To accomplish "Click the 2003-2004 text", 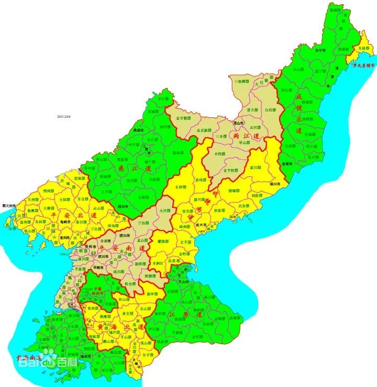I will (64, 116).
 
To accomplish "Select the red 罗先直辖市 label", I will (364, 66).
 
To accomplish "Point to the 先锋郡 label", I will (361, 48).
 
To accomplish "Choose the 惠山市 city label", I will (238, 123).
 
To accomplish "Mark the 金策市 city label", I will (286, 164).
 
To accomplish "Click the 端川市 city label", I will (275, 184).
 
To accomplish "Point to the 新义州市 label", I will (9, 205).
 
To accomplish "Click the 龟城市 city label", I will (65, 222).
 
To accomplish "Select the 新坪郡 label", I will (152, 293).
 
